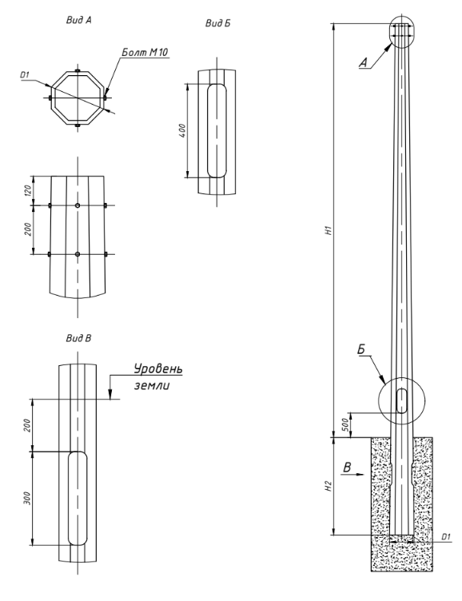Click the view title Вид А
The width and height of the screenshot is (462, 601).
click(79, 20)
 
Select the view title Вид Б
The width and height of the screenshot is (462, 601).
click(217, 23)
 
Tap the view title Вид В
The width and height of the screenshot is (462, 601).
click(78, 338)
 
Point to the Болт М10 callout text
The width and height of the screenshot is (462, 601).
click(145, 53)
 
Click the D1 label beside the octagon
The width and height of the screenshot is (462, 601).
click(25, 75)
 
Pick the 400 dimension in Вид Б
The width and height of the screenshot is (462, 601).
click(182, 131)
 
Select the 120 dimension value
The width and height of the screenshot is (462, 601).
click(28, 190)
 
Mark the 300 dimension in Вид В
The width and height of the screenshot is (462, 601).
click(27, 498)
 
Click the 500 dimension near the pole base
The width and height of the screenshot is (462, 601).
click(345, 425)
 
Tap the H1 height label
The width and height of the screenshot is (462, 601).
click(328, 230)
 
